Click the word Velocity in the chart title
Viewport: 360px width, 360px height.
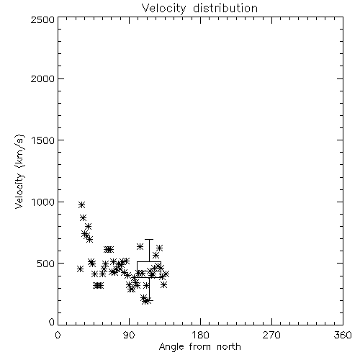(164, 9)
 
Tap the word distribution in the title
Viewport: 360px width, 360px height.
(225, 8)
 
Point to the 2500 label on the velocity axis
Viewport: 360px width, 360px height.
(42, 19)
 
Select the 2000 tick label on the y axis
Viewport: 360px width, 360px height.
(42, 78)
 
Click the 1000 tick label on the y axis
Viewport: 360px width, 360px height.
(43, 202)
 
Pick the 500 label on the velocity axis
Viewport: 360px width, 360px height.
(45, 264)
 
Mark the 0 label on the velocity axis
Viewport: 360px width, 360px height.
(52, 322)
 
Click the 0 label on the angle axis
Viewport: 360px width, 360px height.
(58, 335)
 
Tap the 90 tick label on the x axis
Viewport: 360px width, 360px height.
(129, 335)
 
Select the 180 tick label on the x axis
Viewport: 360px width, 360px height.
(200, 335)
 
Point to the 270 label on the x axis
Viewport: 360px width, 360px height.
(271, 335)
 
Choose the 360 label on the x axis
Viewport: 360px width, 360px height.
(343, 335)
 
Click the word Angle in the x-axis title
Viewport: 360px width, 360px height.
(171, 347)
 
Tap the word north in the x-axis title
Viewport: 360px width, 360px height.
(229, 346)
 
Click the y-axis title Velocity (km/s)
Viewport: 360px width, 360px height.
(19, 171)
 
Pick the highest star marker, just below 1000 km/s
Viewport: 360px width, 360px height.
(81, 204)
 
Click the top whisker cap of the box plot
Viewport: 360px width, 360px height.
(149, 239)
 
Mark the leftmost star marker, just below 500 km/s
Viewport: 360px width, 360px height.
(81, 269)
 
